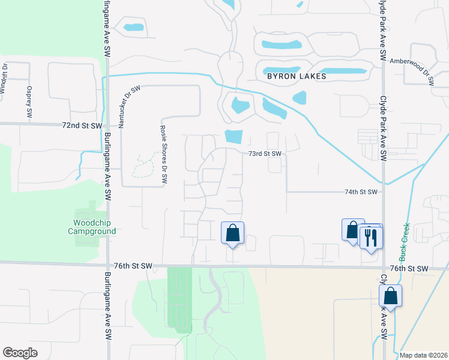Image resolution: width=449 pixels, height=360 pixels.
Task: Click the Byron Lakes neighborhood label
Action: (x=297, y=77)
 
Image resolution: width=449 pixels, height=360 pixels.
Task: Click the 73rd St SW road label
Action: (x=265, y=154)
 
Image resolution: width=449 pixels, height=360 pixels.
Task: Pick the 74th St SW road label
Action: (x=361, y=192)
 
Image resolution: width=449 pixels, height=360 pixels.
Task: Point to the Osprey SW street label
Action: (x=28, y=101)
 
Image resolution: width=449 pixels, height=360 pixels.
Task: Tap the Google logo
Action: (x=20, y=353)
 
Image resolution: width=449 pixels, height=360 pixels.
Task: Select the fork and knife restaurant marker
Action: (x=371, y=238)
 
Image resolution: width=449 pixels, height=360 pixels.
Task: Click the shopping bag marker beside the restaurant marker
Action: (x=353, y=230)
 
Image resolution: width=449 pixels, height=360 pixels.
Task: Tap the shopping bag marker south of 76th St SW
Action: (x=390, y=296)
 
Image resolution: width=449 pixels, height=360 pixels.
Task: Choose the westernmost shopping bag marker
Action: (x=232, y=233)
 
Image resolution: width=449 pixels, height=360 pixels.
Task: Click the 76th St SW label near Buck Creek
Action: (x=408, y=268)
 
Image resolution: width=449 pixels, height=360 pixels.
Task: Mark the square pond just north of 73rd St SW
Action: (x=234, y=137)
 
